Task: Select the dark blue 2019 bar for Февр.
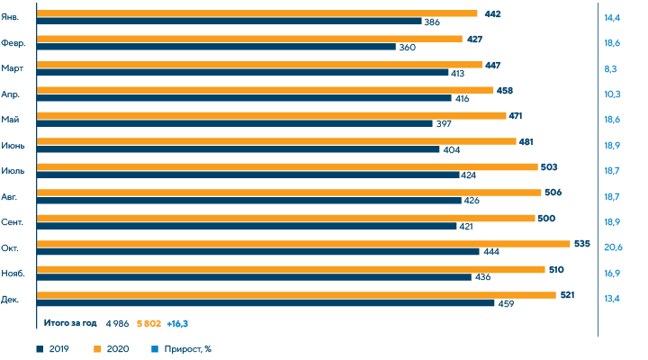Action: tap(217, 47)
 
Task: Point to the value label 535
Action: tap(581, 243)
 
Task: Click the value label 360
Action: tap(406, 47)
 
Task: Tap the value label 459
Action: tap(506, 303)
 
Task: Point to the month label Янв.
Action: tap(17, 17)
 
